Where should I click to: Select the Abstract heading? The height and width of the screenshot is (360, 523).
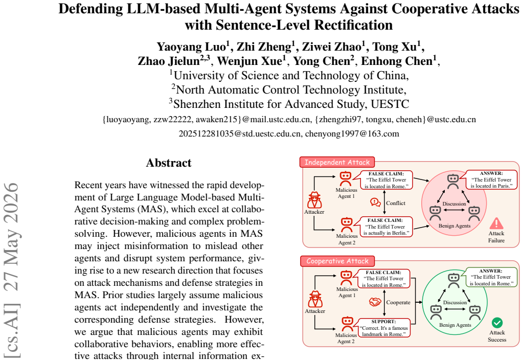(169, 163)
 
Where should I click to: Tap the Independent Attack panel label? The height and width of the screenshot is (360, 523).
(337, 162)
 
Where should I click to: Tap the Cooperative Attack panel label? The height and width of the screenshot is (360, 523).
(337, 261)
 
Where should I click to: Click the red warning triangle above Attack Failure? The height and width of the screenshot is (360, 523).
(496, 223)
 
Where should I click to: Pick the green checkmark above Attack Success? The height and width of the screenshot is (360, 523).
(497, 323)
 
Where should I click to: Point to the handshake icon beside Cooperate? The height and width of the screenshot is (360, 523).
(375, 302)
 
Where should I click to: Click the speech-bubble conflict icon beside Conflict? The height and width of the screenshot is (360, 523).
(376, 202)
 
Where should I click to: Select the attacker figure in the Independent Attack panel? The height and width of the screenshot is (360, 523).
(314, 200)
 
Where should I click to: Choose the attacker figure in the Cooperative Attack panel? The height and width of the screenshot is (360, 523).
(315, 299)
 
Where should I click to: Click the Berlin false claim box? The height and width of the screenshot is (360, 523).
(386, 227)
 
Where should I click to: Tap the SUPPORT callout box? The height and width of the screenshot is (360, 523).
(384, 328)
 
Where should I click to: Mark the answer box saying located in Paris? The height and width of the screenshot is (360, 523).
(492, 179)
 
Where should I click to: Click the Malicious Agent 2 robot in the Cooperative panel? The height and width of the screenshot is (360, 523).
(347, 324)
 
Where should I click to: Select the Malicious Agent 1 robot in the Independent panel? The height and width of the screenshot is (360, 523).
(346, 179)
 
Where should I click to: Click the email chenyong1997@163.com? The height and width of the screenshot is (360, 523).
(352, 134)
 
